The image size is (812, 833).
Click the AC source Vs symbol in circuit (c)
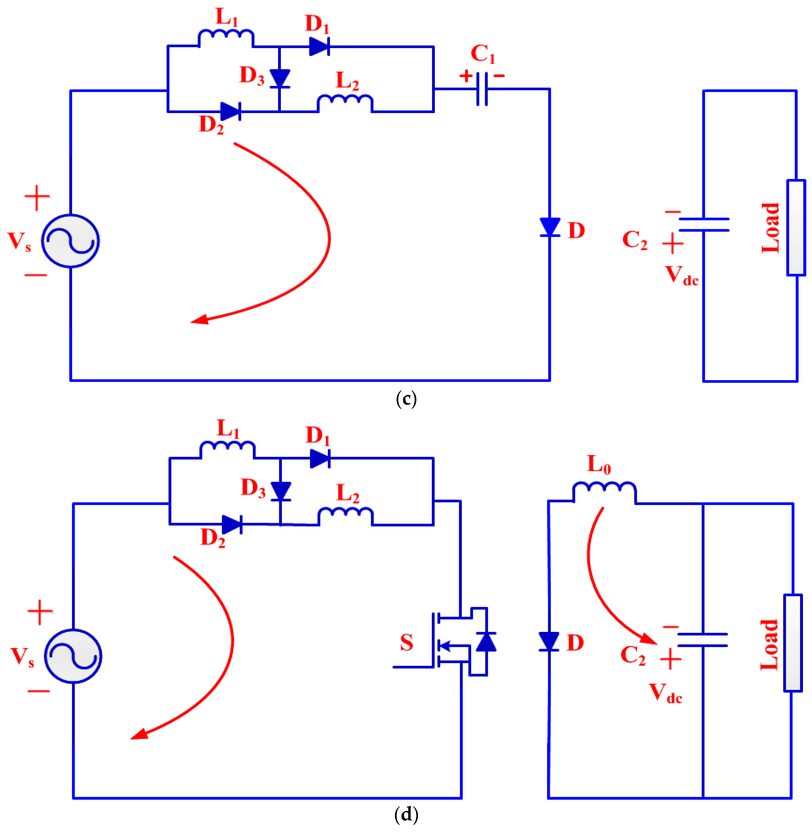(x=70, y=241)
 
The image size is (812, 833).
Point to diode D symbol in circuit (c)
(x=550, y=227)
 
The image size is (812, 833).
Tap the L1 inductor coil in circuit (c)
(x=226, y=36)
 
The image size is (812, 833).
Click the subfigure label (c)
(x=406, y=399)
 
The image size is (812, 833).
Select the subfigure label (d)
(x=406, y=815)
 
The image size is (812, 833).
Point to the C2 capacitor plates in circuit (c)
(x=704, y=224)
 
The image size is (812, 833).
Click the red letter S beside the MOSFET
(x=406, y=642)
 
